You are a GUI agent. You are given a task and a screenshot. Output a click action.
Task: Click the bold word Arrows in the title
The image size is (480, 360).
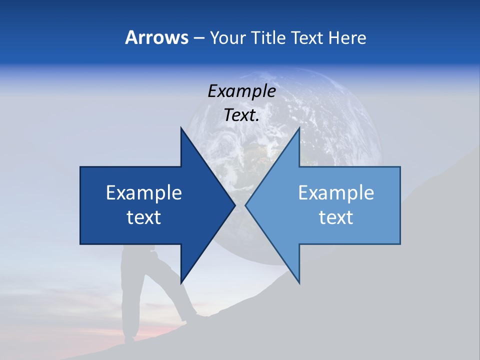pyautogui.click(x=156, y=37)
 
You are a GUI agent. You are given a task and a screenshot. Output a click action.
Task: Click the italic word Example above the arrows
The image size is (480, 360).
pyautogui.click(x=241, y=91)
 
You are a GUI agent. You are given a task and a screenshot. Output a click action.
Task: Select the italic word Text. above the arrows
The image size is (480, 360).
pyautogui.click(x=241, y=115)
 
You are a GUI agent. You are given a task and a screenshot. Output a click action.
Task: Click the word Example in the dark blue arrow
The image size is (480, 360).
pyautogui.click(x=144, y=193)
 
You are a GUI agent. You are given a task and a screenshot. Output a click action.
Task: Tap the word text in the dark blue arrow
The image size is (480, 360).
pyautogui.click(x=144, y=217)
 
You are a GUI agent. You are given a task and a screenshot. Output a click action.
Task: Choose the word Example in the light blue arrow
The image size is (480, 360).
pyautogui.click(x=336, y=193)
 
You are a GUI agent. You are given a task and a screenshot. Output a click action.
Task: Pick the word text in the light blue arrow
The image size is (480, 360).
pyautogui.click(x=336, y=217)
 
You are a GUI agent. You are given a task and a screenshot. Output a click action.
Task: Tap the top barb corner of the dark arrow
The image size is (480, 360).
pyautogui.click(x=181, y=129)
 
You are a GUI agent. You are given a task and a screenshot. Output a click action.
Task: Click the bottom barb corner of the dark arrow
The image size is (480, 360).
pyautogui.click(x=181, y=282)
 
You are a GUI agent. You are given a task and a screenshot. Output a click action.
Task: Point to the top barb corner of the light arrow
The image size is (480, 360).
pyautogui.click(x=299, y=129)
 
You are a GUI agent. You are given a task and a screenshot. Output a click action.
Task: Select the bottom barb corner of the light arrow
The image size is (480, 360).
pyautogui.click(x=299, y=282)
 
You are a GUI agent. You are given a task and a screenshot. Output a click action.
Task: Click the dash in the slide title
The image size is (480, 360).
pyautogui.click(x=198, y=38)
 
